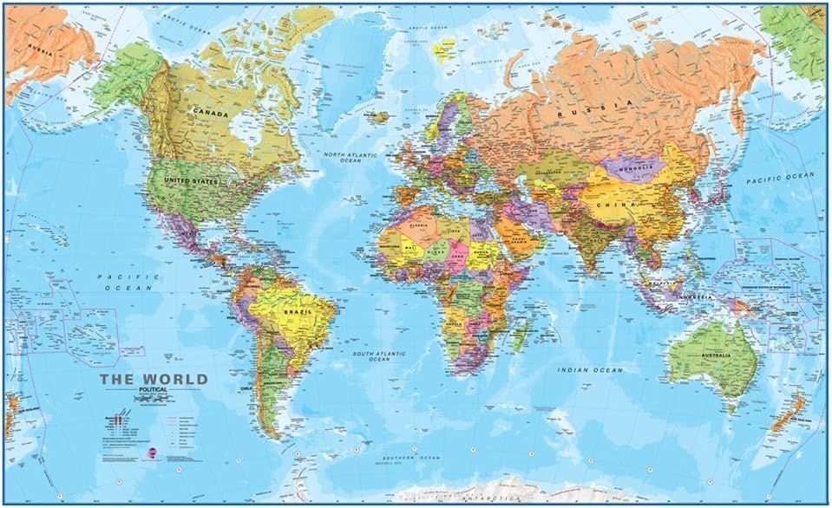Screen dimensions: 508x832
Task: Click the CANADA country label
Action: click(x=211, y=114)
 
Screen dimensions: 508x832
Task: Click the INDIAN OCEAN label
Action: click(x=590, y=370)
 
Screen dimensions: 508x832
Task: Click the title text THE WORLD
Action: click(x=153, y=379)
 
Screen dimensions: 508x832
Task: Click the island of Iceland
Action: click(x=375, y=115)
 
